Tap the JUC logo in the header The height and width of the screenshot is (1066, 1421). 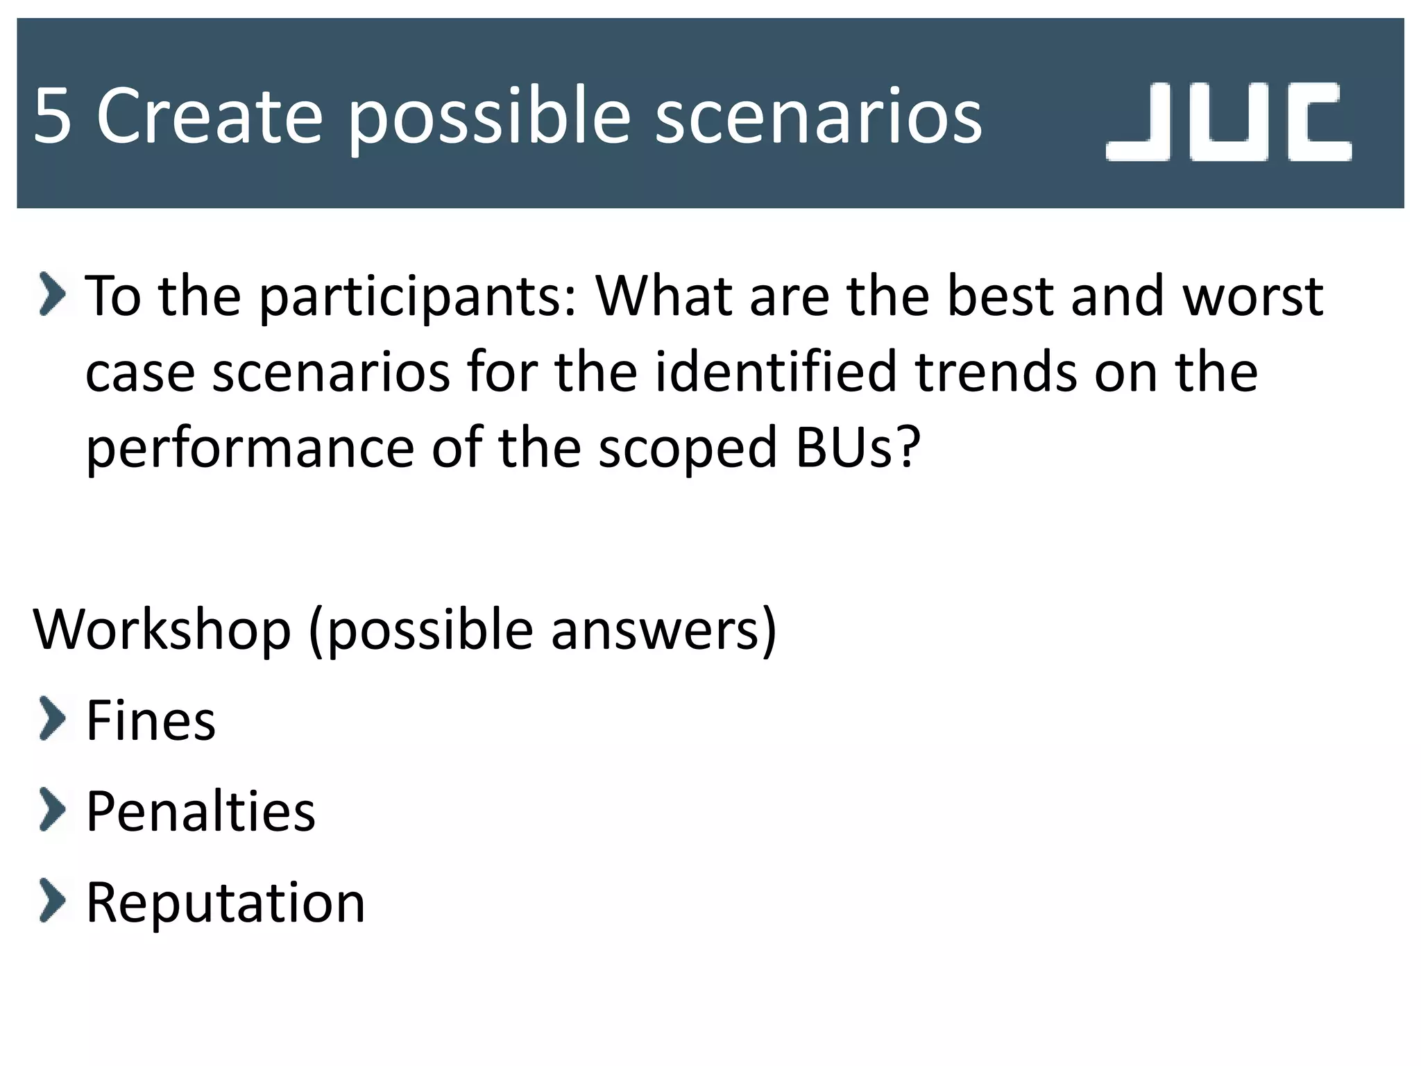click(1228, 121)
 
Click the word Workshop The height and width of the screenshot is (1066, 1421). click(162, 630)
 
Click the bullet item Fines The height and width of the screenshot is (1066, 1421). click(151, 721)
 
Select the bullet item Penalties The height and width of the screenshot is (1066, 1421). click(201, 811)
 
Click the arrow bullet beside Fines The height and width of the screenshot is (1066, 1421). click(53, 719)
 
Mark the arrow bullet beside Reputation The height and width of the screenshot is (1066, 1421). click(53, 900)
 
